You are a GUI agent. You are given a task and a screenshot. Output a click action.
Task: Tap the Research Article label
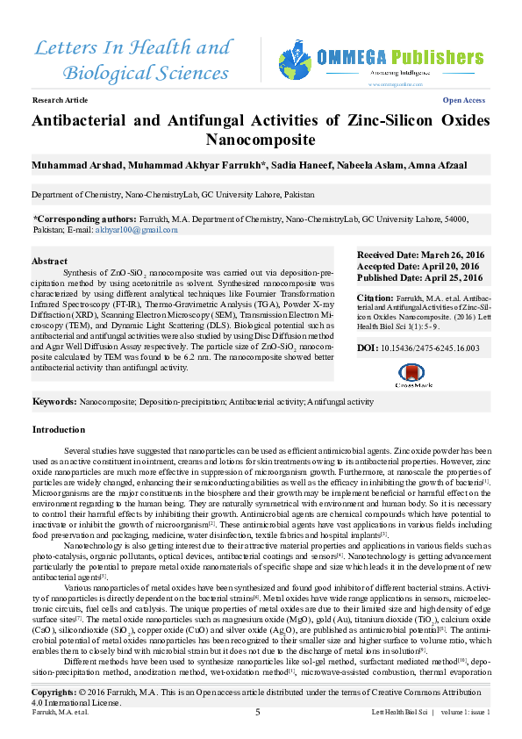pyautogui.click(x=56, y=101)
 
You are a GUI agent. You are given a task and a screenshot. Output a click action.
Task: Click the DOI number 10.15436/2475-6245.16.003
pyautogui.click(x=425, y=348)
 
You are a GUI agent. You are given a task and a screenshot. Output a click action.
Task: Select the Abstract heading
pyautogui.click(x=49, y=262)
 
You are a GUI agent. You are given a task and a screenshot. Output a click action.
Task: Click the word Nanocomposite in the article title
pyautogui.click(x=261, y=140)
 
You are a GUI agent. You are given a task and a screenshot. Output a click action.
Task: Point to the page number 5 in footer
pyautogui.click(x=257, y=712)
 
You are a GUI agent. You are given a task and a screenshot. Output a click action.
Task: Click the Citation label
pyautogui.click(x=375, y=298)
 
